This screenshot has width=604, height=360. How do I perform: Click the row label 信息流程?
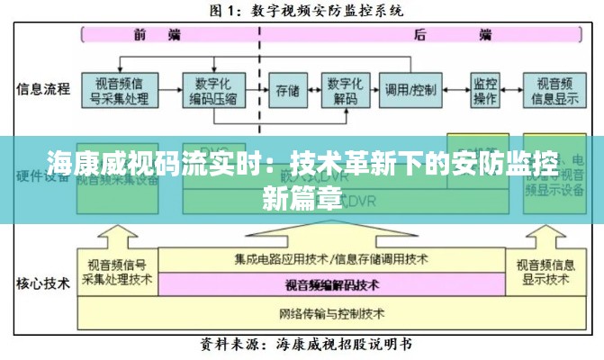[42, 89]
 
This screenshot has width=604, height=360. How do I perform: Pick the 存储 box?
[287, 90]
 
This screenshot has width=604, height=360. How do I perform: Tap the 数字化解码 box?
[345, 90]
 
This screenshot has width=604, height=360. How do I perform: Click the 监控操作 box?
[484, 90]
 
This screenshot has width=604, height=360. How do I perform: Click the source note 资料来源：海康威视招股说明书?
[306, 344]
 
